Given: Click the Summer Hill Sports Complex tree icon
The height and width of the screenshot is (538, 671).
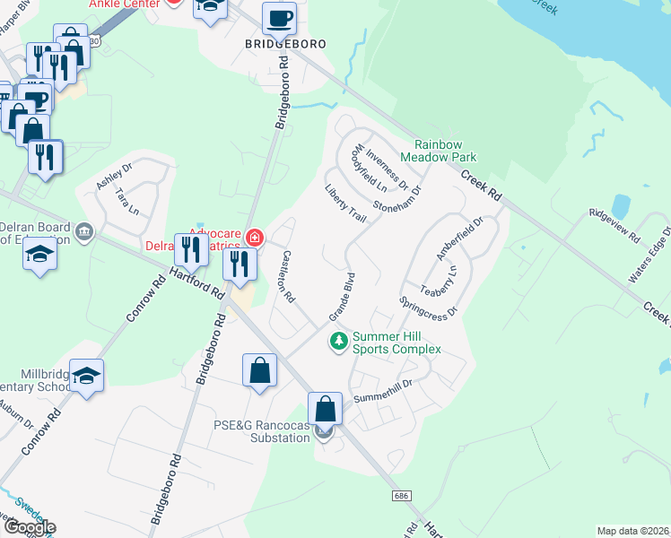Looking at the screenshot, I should pos(339,341).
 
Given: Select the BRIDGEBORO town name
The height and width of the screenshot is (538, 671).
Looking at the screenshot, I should pos(285,43).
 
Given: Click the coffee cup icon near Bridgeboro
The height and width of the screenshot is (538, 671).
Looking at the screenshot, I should pos(279,18).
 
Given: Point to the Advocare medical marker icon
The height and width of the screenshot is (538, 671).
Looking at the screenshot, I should pos(256,238).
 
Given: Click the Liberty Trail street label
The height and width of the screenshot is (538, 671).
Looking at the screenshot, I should pos(345,205).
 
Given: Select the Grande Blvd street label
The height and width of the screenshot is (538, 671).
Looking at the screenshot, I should pos(343,298).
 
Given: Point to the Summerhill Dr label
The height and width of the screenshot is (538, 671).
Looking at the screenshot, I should pos(382,391).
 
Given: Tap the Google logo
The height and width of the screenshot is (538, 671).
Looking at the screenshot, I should pos(29,527).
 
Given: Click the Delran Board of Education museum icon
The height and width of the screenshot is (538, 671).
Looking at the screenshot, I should pos(85,233).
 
